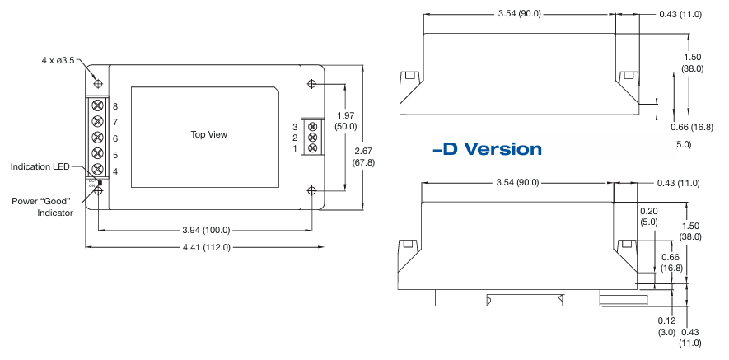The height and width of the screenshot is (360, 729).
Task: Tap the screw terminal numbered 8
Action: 98,105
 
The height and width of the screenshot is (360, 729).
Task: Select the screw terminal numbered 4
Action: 98,170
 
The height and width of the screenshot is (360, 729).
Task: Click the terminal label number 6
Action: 115,138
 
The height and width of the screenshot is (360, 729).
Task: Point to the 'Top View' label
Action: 208,134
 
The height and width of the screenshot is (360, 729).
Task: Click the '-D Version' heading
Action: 486,149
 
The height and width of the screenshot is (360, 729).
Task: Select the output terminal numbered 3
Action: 312,126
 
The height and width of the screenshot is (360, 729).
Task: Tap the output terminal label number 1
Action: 294,148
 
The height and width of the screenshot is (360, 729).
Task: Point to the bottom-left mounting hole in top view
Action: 98,191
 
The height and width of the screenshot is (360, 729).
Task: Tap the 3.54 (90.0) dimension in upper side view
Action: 518,14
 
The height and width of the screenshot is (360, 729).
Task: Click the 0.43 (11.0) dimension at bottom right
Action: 690,337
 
